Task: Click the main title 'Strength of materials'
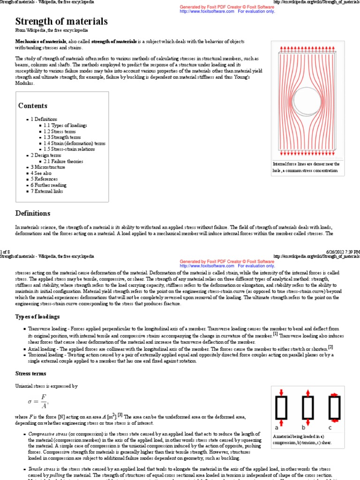61,22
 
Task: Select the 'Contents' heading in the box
33,106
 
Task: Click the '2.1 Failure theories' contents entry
63,161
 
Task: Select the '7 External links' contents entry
47,191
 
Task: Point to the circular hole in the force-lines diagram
307,101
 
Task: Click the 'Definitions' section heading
33,213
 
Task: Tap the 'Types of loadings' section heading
37,317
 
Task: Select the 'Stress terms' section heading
31,374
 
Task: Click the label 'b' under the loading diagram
303,428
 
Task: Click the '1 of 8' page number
6,252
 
